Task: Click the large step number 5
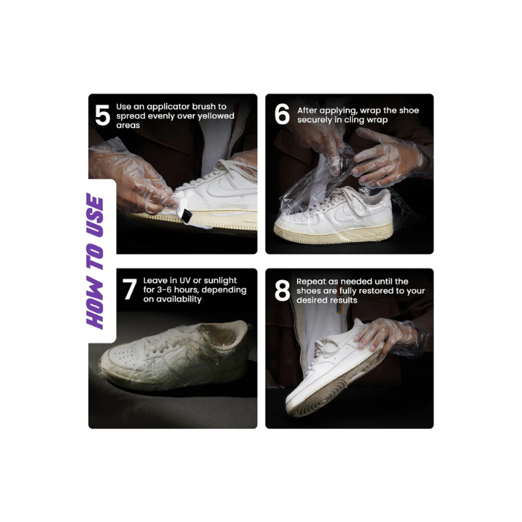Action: pos(102,115)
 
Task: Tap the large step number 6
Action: pos(282,114)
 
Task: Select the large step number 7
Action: pos(130,289)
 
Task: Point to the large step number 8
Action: pos(282,291)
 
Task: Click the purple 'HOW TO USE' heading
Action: pos(95,260)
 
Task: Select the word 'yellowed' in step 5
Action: pos(216,116)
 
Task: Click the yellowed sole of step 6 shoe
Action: pos(333,234)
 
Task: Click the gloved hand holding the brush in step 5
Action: pos(133,180)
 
